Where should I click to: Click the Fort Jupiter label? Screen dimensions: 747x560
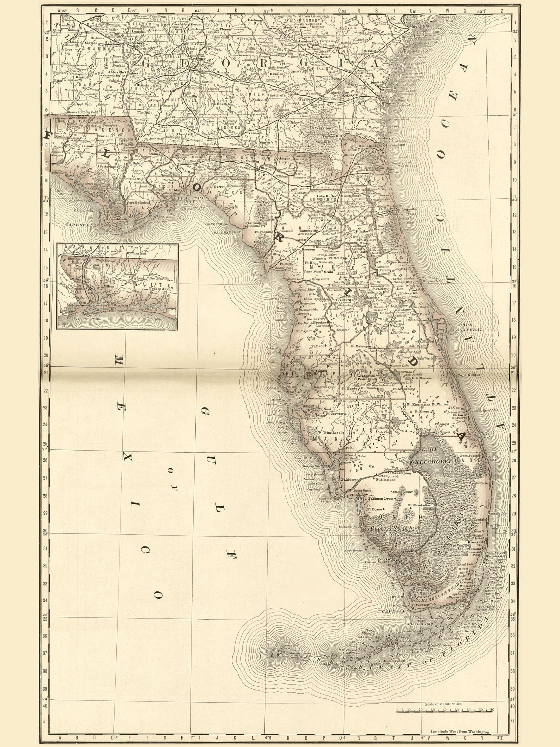470,456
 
